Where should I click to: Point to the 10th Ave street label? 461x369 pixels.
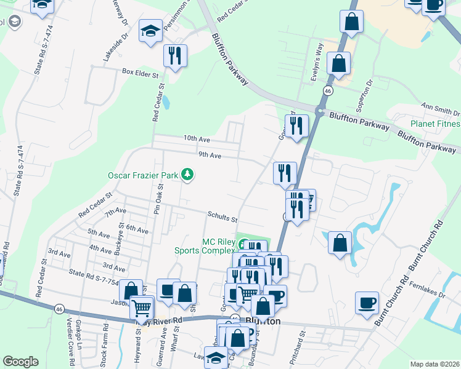[197, 140]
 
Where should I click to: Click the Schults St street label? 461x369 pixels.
[222, 218]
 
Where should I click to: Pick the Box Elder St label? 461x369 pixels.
[140, 72]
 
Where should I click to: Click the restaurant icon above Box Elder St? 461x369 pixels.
[175, 56]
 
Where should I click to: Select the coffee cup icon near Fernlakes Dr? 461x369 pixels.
[367, 303]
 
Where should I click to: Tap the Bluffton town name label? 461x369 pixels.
[263, 321]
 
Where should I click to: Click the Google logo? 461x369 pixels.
[21, 362]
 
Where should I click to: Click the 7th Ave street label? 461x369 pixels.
[115, 213]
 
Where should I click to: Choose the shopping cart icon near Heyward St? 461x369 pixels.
[142, 307]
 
